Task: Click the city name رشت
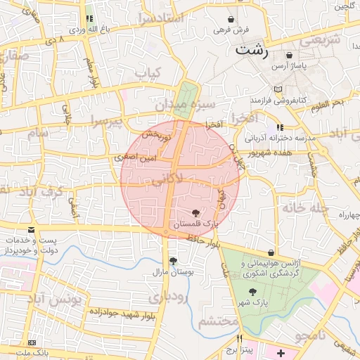pos(251,50)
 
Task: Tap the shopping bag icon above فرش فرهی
pos(232,20)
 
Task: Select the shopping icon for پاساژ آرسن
pos(290,55)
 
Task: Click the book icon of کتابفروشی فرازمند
pos(279,89)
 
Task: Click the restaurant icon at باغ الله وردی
pos(89,19)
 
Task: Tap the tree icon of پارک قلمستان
pos(195,212)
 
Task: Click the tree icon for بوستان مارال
pos(173,261)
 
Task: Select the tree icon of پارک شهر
pos(251,292)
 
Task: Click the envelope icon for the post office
pos(31,230)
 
